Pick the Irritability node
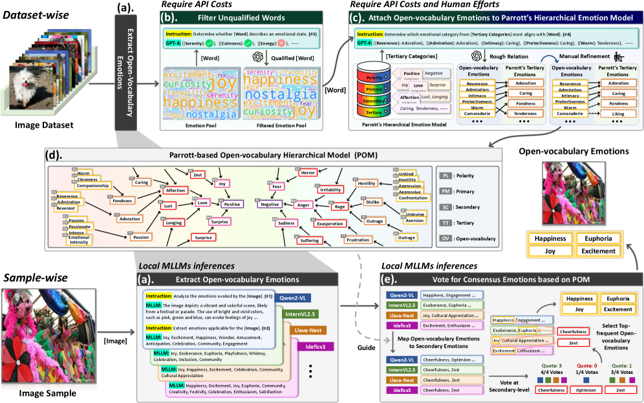coord(330,190)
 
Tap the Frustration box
coord(357,240)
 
